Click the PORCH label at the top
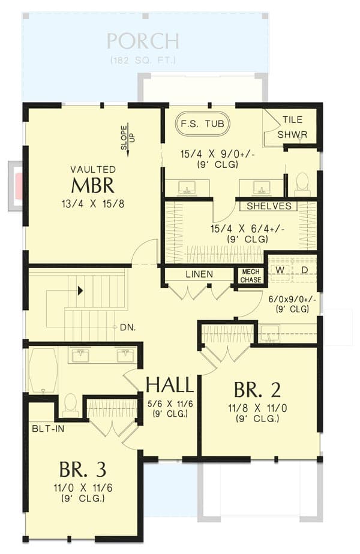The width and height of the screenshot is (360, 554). (x=143, y=42)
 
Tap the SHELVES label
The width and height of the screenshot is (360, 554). (x=269, y=206)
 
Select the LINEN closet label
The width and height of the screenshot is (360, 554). (x=199, y=274)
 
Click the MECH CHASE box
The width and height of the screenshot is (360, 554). (x=250, y=275)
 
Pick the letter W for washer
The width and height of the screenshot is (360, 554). (x=280, y=270)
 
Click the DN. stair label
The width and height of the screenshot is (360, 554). (x=127, y=327)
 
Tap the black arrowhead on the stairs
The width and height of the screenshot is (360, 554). (x=80, y=291)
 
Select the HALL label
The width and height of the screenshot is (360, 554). (x=170, y=385)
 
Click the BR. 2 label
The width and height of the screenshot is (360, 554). (x=257, y=390)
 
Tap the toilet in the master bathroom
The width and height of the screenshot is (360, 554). (x=302, y=183)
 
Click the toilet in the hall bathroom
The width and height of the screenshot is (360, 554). (x=70, y=405)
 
